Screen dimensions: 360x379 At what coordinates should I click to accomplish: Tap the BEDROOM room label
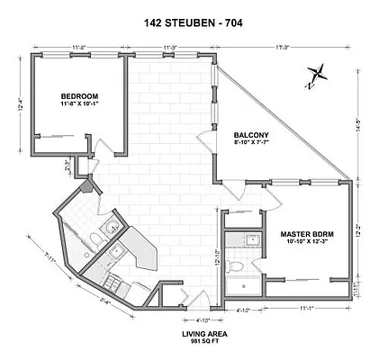point(79,95)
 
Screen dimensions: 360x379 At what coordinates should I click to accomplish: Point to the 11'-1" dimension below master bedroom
point(309,309)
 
